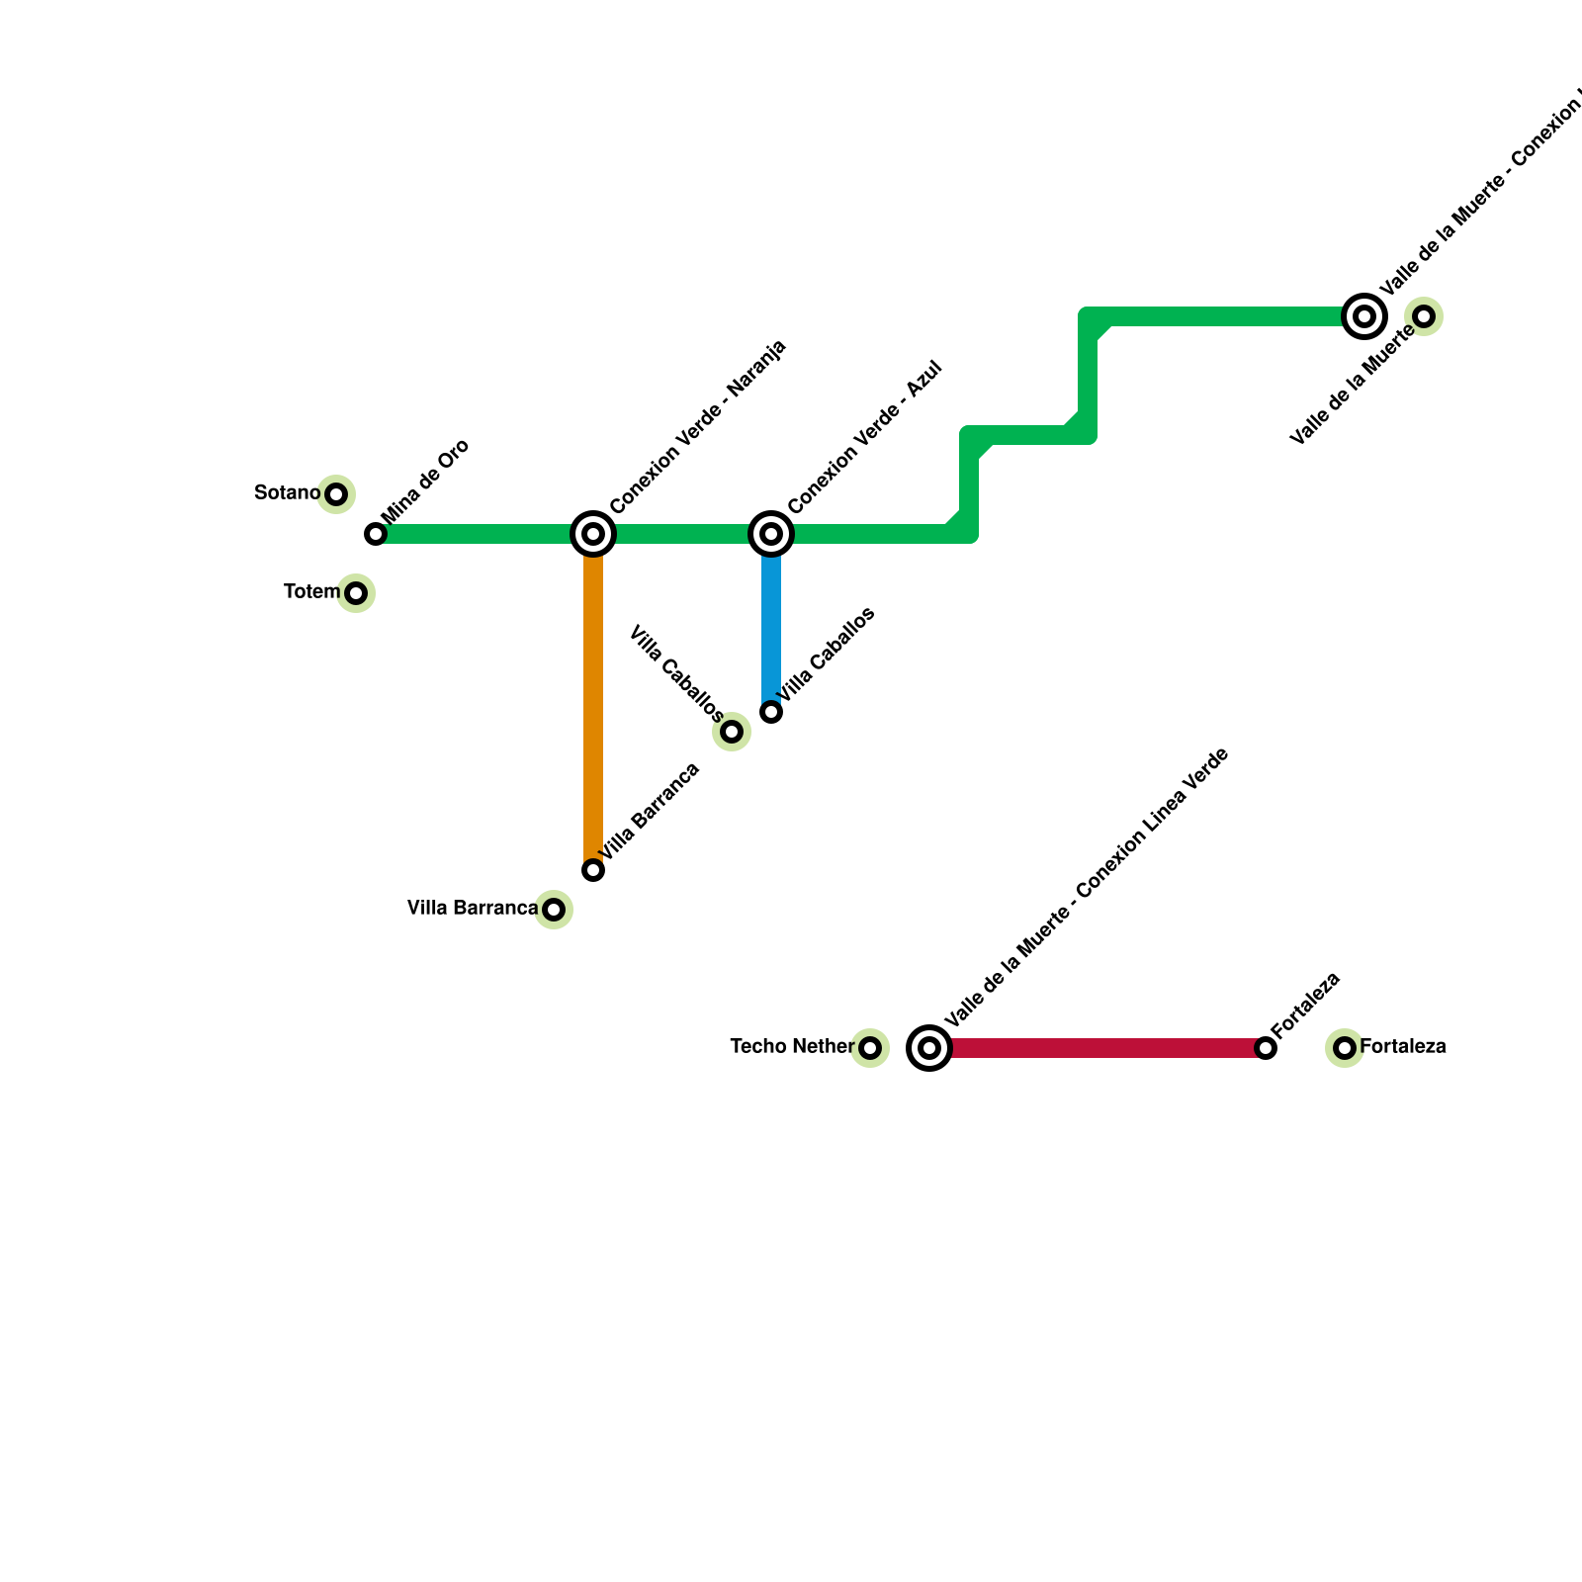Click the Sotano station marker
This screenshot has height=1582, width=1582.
pyautogui.click(x=336, y=494)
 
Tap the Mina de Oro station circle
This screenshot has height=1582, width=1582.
pyautogui.click(x=376, y=534)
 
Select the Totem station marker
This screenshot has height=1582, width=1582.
pyautogui.click(x=356, y=593)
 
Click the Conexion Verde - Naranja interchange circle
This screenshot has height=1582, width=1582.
pyautogui.click(x=593, y=534)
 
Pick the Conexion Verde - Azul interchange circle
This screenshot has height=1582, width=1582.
pyautogui.click(x=771, y=534)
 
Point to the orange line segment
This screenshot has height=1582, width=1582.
pyautogui.click(x=593, y=702)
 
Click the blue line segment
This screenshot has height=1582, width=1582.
pyautogui.click(x=771, y=623)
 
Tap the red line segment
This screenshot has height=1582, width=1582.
pyautogui.click(x=1098, y=1048)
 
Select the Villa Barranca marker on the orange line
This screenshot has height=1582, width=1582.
pyautogui.click(x=593, y=870)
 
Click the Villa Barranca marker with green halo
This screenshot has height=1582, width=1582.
pyautogui.click(x=554, y=910)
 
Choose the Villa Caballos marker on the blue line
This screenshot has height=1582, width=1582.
pyautogui.click(x=771, y=712)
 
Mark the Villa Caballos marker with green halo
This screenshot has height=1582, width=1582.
pyautogui.click(x=732, y=732)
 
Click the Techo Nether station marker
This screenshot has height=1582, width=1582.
pyautogui.click(x=870, y=1048)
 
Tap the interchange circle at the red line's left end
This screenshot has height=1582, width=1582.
pyautogui.click(x=929, y=1048)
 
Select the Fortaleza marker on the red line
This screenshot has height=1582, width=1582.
pyautogui.click(x=1266, y=1048)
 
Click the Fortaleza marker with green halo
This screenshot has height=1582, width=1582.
pyautogui.click(x=1345, y=1048)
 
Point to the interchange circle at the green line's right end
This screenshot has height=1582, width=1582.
pyautogui.click(x=1364, y=316)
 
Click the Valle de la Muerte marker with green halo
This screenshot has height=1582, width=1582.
pyautogui.click(x=1424, y=316)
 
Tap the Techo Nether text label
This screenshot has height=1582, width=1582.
pyautogui.click(x=792, y=1046)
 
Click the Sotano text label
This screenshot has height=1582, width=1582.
pyautogui.click(x=287, y=492)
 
